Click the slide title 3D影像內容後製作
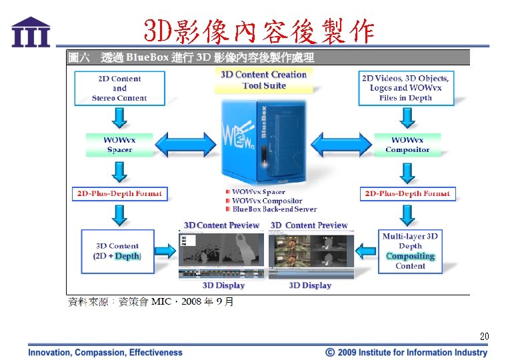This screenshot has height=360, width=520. [259, 30]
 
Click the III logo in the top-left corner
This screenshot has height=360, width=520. [31, 31]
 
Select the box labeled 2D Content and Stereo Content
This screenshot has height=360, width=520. [119, 88]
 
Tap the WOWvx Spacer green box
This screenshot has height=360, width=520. [119, 145]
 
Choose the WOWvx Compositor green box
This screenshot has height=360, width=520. [407, 145]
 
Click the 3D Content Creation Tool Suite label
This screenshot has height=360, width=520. [264, 80]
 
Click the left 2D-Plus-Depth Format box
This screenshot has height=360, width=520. [119, 194]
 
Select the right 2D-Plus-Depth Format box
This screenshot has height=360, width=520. [407, 194]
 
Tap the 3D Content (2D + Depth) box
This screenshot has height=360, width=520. [117, 251]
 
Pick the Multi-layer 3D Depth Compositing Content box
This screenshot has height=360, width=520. [410, 251]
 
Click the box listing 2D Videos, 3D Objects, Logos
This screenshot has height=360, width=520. [405, 88]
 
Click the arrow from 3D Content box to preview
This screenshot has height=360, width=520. [164, 251]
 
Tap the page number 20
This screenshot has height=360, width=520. [485, 336]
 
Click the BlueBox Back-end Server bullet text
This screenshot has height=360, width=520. [274, 209]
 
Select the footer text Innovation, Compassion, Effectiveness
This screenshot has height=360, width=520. [105, 352]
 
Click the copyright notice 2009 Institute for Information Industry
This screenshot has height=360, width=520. [406, 352]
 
